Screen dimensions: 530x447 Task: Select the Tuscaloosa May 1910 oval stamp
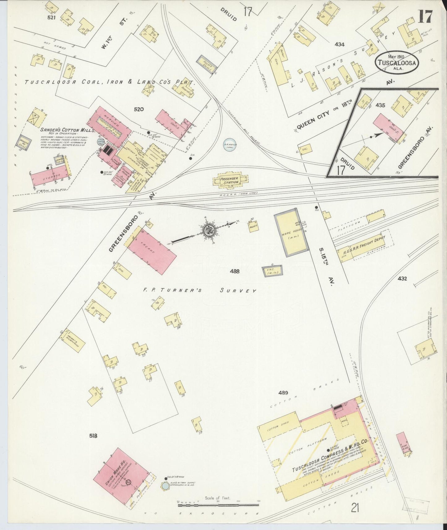(x=396, y=62)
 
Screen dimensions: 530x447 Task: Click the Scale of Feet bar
(x=218, y=505)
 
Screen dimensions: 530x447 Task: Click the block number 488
(x=235, y=271)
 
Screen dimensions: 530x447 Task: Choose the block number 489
(x=283, y=393)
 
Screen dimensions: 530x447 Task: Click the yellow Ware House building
(x=291, y=232)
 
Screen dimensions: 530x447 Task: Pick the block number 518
(x=93, y=436)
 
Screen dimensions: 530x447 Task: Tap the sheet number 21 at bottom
(x=355, y=507)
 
